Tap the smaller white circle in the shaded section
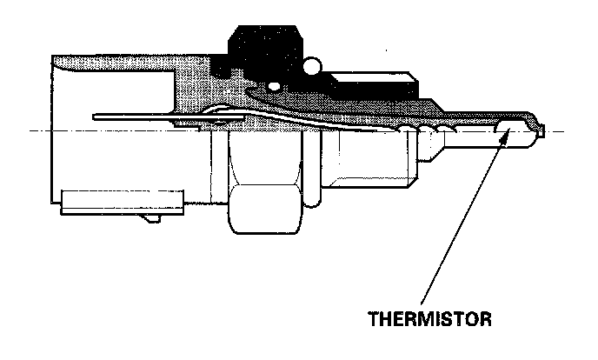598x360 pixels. (x=275, y=86)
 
